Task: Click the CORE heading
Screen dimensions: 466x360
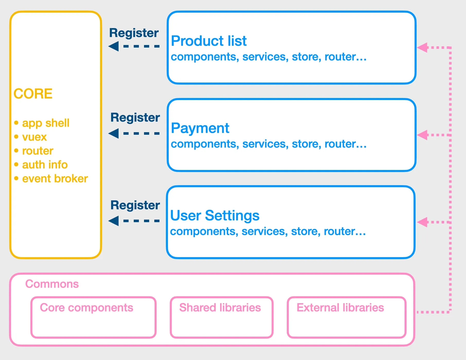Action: click(33, 94)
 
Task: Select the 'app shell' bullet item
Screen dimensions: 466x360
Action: click(46, 123)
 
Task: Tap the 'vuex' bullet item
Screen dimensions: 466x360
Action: click(34, 137)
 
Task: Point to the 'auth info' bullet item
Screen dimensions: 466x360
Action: click(45, 165)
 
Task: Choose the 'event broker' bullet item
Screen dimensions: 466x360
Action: click(55, 178)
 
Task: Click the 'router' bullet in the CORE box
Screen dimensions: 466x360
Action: click(38, 151)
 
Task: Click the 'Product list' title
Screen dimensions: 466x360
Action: click(209, 41)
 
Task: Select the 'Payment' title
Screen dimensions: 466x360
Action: click(200, 128)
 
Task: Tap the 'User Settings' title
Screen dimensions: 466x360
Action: click(215, 215)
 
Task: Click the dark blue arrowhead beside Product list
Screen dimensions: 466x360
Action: click(113, 46)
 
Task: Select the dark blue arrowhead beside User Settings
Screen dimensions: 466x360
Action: click(113, 221)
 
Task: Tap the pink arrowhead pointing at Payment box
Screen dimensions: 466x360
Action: click(422, 135)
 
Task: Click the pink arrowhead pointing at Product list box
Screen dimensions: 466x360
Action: click(422, 48)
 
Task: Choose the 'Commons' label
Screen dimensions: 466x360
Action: click(52, 284)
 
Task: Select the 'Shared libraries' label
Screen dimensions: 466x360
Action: click(220, 308)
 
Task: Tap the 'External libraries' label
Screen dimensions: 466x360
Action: click(340, 308)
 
